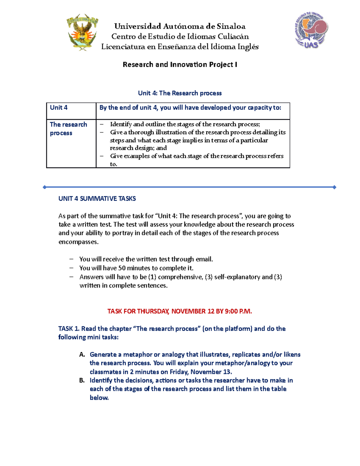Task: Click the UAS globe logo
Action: (311, 30)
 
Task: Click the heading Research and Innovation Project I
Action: (180, 65)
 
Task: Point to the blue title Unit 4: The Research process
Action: (180, 93)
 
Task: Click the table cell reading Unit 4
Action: (59, 108)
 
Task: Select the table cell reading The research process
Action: (68, 129)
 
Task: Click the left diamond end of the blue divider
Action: (45, 187)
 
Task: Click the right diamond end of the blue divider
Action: (334, 187)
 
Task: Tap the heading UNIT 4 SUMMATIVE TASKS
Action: (97, 199)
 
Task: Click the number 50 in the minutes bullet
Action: (122, 268)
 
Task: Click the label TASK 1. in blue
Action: (69, 329)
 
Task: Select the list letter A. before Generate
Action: (82, 355)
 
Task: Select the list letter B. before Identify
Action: (82, 380)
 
